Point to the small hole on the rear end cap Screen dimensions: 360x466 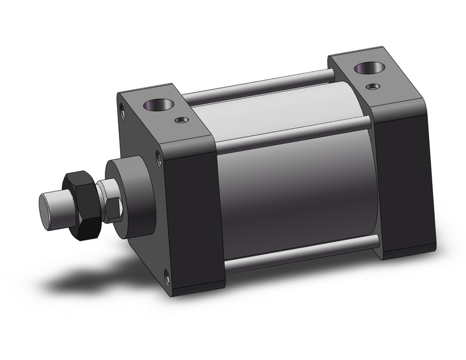coord(372,86)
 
